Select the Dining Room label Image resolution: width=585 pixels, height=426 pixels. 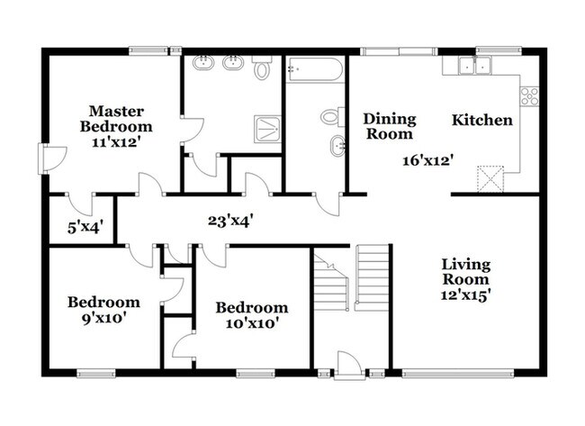(389, 126)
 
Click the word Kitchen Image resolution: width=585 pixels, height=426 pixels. (481, 120)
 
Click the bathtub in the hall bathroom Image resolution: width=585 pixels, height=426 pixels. (314, 71)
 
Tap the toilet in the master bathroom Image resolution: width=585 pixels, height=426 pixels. (262, 68)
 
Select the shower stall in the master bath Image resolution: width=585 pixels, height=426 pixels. (265, 128)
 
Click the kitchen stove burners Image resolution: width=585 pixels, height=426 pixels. (529, 95)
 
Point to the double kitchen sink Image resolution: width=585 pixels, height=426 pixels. (473, 65)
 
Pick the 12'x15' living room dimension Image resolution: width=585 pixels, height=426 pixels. (466, 294)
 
